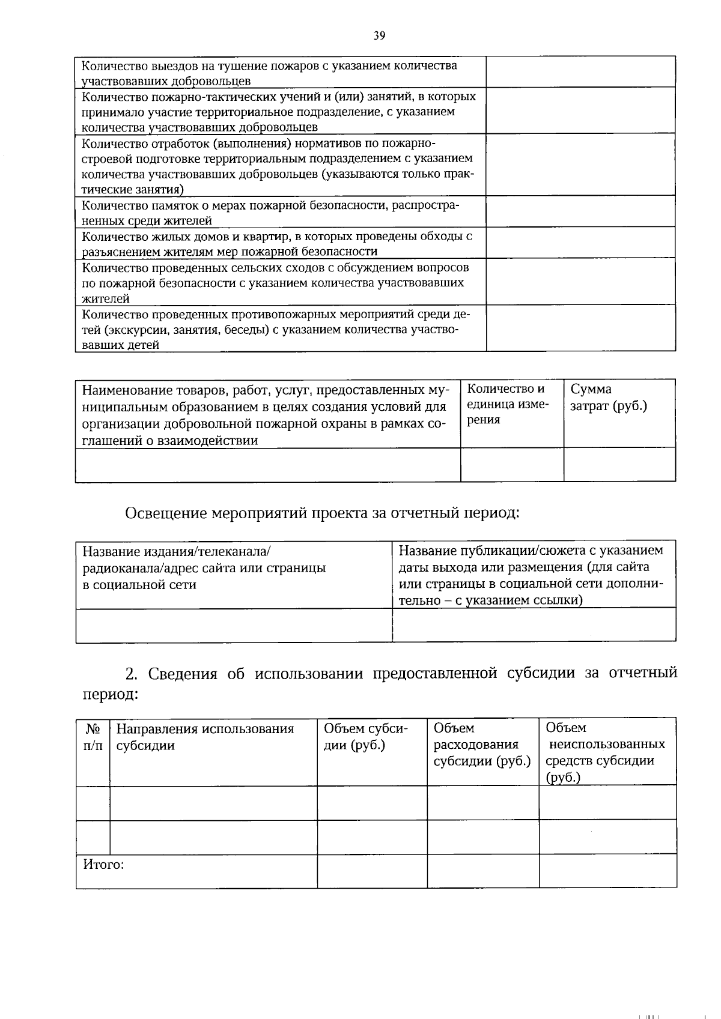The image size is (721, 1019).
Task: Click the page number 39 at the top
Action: [x=379, y=35]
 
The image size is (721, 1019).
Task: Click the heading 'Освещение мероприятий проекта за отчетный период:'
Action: [x=321, y=513]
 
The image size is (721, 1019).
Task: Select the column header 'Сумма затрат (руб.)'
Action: [x=608, y=398]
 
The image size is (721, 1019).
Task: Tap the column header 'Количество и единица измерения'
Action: [x=508, y=404]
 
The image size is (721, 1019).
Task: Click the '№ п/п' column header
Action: [x=93, y=737]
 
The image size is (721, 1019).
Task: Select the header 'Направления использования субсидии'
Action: [x=205, y=737]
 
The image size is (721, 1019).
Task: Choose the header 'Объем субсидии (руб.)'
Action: [x=365, y=737]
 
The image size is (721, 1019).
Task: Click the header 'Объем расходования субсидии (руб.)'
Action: [x=482, y=745]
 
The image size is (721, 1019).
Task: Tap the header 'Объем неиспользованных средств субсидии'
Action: [x=605, y=752]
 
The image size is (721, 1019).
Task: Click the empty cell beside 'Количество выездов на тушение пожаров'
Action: [x=580, y=72]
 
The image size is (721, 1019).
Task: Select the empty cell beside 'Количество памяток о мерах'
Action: [x=580, y=211]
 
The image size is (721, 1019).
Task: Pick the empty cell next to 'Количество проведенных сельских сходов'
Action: [x=580, y=282]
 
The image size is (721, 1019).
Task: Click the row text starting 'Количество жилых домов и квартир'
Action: [x=276, y=243]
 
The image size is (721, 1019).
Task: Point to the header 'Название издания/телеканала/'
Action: [x=204, y=567]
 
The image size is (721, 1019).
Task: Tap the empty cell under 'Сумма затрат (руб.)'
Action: [x=619, y=464]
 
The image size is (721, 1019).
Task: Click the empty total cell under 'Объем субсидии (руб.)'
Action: [x=372, y=871]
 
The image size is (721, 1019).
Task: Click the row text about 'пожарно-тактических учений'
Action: [x=278, y=112]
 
